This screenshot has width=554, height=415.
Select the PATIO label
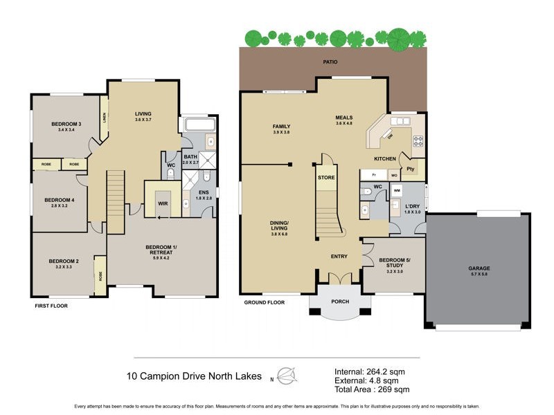click(x=330, y=62)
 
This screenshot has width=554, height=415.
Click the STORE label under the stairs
click(x=326, y=178)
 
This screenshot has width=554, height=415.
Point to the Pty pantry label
click(x=411, y=169)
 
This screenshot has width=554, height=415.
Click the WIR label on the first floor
click(x=163, y=204)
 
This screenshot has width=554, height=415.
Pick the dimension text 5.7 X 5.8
click(x=477, y=274)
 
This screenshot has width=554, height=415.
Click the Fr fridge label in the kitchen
click(x=366, y=176)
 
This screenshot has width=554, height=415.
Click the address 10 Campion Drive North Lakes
click(x=194, y=377)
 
